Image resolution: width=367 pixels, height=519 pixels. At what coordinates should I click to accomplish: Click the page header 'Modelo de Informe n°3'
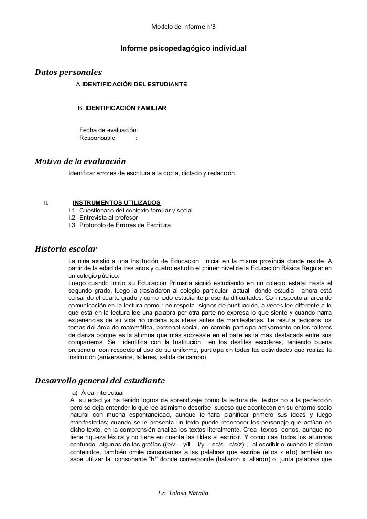(x=183, y=27)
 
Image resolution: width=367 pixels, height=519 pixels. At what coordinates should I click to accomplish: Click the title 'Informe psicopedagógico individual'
(x=183, y=49)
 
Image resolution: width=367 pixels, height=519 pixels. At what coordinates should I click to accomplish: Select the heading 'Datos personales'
(x=69, y=73)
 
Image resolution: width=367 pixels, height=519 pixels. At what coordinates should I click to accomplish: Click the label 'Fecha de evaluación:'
(x=108, y=130)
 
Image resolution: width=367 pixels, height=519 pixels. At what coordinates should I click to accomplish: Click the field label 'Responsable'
(x=97, y=138)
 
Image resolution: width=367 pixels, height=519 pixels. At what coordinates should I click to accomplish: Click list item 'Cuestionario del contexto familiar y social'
(x=136, y=210)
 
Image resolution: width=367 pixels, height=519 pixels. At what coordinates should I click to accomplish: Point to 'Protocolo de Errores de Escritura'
(x=125, y=225)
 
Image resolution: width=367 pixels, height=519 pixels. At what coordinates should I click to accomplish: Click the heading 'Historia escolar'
(x=66, y=249)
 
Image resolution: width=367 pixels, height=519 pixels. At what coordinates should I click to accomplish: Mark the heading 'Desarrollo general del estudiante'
(x=100, y=381)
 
